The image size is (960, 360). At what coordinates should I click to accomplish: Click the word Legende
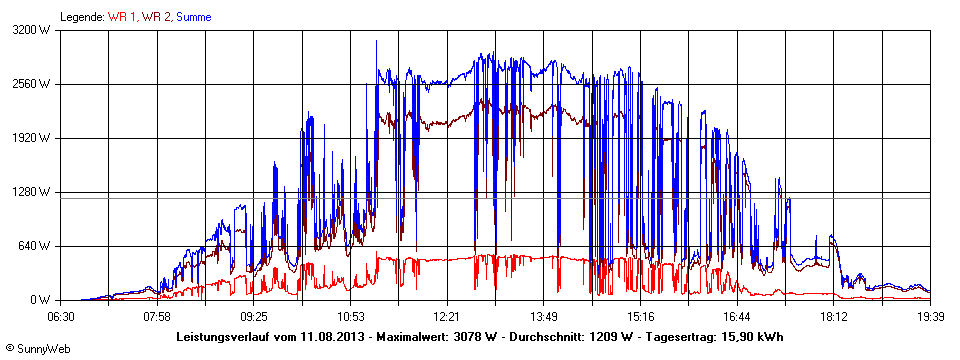click(x=81, y=17)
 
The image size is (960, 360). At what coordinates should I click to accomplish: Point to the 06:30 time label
click(x=62, y=316)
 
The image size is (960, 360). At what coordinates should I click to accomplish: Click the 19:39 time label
click(x=930, y=316)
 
